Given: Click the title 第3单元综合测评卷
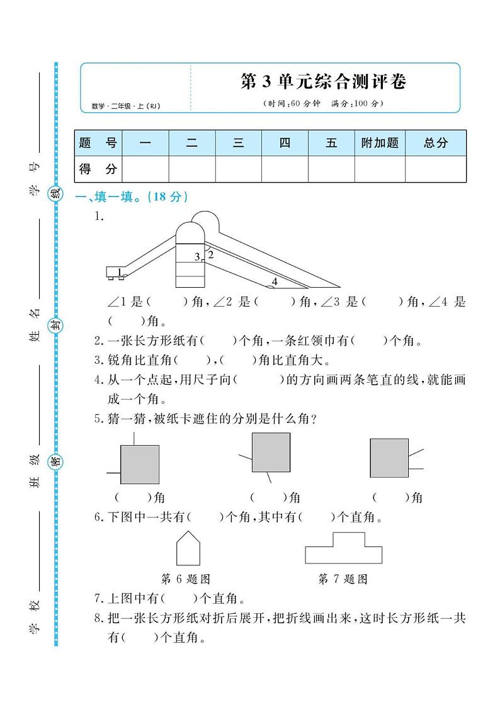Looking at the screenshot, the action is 324,82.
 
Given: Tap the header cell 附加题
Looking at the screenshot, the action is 380,143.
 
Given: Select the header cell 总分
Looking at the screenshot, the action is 435,143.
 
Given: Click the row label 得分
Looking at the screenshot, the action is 98,169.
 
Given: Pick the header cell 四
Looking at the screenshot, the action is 285,143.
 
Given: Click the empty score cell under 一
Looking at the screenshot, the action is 145,169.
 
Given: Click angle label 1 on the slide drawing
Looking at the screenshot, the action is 118,272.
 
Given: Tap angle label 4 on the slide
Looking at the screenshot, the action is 275,281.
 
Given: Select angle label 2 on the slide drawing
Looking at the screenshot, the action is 211,255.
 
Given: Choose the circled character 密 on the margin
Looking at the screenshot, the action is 56,460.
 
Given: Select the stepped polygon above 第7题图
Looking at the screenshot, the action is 343,549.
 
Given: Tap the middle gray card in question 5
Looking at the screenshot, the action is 271,452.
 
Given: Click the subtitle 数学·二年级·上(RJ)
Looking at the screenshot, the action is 125,106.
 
